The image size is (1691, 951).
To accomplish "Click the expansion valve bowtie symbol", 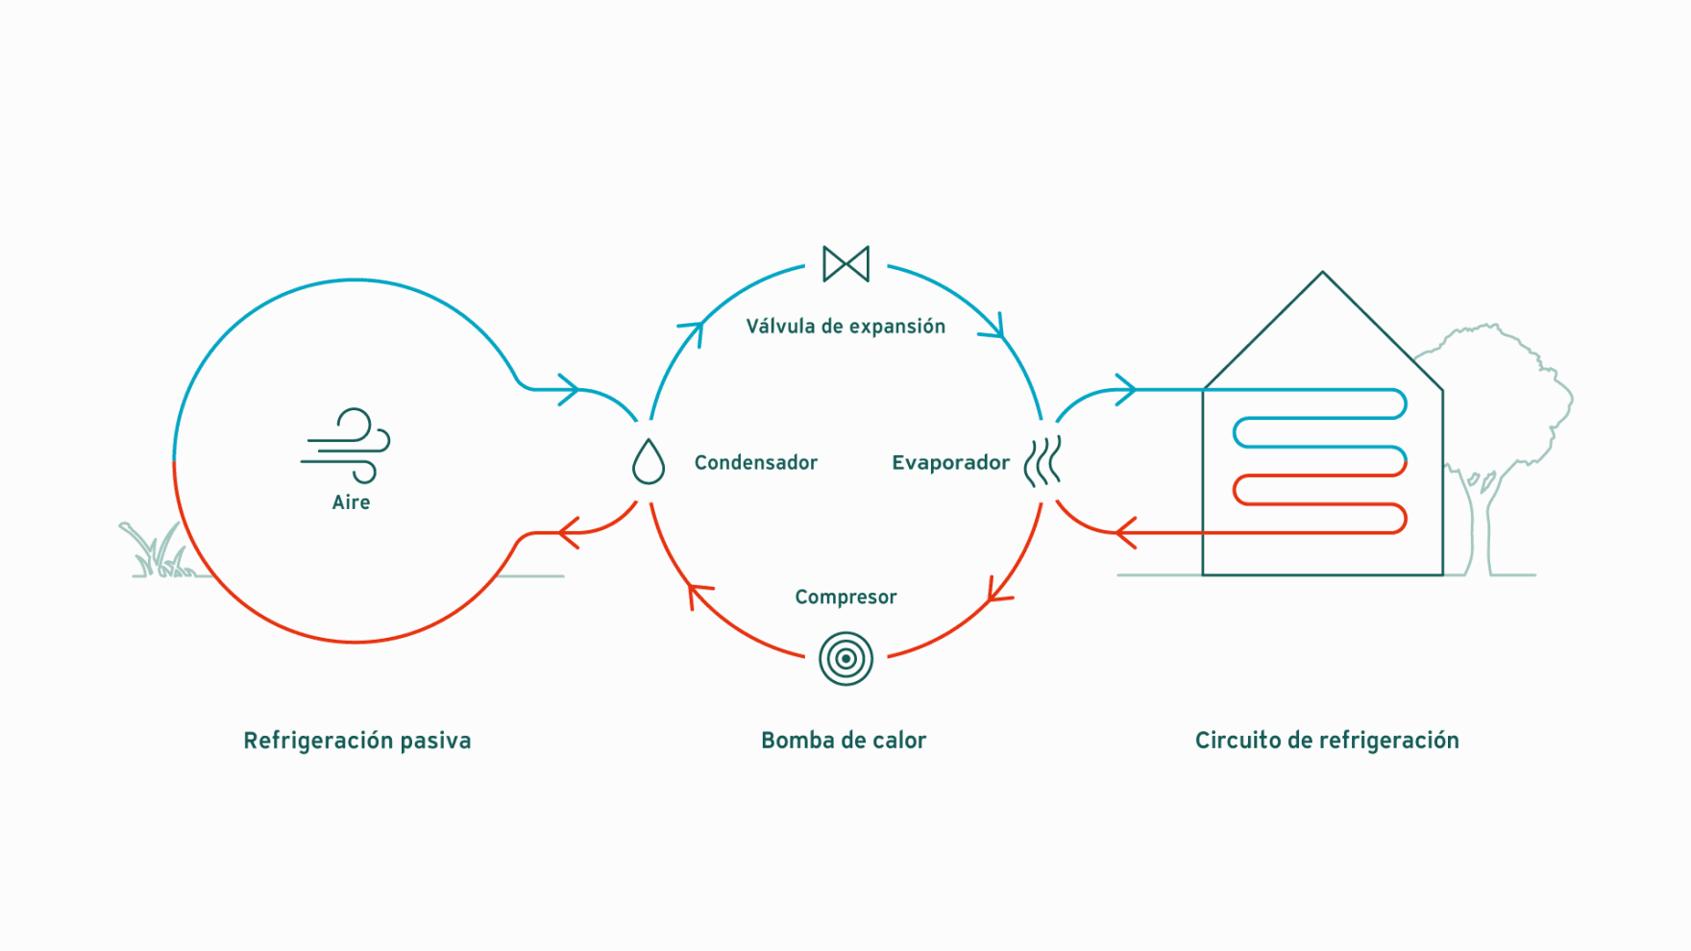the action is tap(845, 264).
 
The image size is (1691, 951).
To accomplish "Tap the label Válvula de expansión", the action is tap(845, 327).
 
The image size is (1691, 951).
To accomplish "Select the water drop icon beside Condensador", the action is tap(649, 461).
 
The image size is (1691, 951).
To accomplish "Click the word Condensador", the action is tap(756, 463).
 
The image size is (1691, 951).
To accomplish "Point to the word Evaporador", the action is tap(950, 463).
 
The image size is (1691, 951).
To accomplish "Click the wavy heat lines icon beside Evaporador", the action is tap(1042, 461).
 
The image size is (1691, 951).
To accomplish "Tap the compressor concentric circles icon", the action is tap(845, 659).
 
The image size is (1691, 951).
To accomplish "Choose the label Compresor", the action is tap(845, 597).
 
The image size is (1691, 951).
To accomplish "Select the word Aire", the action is tap(351, 502).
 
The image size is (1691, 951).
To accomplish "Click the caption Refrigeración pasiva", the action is tap(357, 741).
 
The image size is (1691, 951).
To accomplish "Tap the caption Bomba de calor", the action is tap(844, 741).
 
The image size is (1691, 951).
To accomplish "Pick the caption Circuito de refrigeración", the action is tap(1327, 741).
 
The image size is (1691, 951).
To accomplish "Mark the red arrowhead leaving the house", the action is tap(1125, 532).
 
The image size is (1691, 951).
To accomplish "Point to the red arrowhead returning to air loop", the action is tap(569, 532).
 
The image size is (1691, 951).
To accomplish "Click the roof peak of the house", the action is tap(1323, 273).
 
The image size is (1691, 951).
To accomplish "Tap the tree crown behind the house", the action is tap(1499, 394).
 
